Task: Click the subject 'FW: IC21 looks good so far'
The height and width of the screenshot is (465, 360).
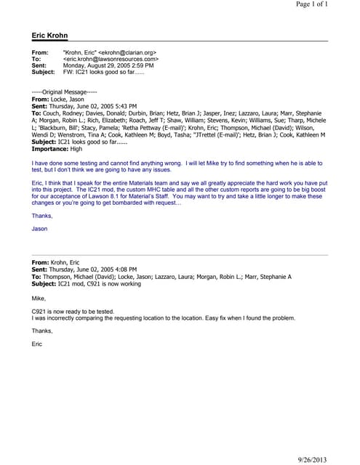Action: click(104, 73)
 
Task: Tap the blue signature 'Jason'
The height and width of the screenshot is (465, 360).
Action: click(39, 229)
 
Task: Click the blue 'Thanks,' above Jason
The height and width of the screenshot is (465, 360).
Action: click(42, 216)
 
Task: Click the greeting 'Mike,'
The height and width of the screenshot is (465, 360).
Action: click(39, 297)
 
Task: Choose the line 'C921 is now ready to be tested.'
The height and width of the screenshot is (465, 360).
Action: click(73, 311)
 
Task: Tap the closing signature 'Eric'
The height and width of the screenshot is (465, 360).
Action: click(37, 344)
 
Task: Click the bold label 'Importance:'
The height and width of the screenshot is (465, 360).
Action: click(49, 148)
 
